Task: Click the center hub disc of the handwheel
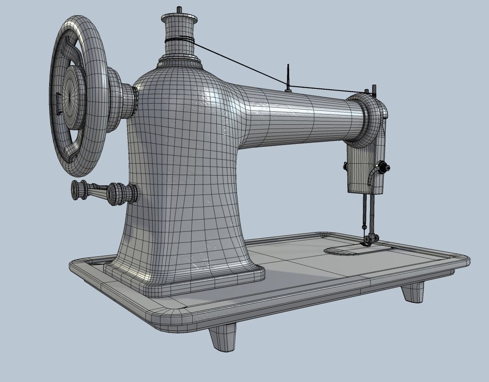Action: (x=73, y=96)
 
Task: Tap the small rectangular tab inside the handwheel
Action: (x=58, y=103)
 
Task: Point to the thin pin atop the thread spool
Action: (x=179, y=9)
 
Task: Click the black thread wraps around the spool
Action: (x=180, y=40)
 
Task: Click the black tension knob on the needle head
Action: (x=384, y=168)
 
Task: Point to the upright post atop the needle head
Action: (x=374, y=90)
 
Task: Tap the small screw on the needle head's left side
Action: (x=345, y=167)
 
